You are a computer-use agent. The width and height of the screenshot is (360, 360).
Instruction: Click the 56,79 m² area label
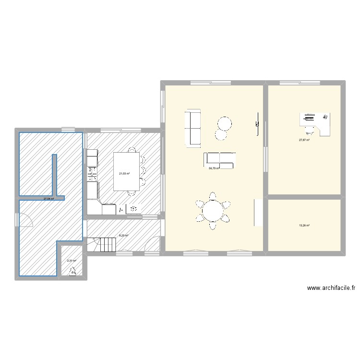coord(214,168)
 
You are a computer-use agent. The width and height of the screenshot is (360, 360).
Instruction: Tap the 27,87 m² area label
coord(304,140)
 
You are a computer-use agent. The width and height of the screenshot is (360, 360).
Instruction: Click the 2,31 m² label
coord(72,261)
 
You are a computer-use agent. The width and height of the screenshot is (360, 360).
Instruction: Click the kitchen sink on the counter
coord(92,169)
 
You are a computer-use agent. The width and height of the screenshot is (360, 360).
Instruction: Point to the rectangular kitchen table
coord(126,171)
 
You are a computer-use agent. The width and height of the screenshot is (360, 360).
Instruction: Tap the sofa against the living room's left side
coord(193,127)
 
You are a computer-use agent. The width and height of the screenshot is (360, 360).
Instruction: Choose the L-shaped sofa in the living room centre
coord(220,160)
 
